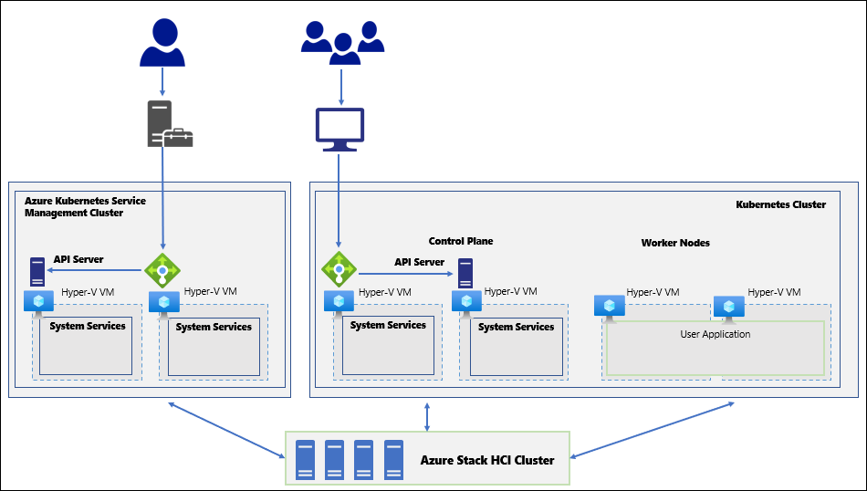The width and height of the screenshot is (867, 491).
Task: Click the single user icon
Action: click(162, 43)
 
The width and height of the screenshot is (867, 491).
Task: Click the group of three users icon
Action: click(342, 43)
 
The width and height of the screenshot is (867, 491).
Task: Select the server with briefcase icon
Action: click(170, 124)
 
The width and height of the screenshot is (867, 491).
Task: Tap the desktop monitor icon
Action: click(339, 130)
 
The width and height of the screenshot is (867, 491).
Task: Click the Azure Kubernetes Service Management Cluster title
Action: click(85, 207)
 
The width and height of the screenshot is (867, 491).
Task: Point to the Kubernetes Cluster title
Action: click(780, 204)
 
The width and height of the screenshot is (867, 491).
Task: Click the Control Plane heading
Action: click(461, 241)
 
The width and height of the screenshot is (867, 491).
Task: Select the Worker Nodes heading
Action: click(675, 243)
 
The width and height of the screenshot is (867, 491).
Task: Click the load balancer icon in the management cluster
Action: click(162, 270)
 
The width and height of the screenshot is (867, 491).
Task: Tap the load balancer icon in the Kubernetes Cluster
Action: click(339, 269)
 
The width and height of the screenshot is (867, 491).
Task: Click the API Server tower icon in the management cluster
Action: click(37, 271)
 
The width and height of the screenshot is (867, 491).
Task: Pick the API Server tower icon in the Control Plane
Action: click(465, 273)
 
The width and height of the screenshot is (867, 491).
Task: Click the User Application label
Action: click(715, 334)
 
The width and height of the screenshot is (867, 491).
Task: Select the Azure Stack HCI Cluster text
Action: click(487, 460)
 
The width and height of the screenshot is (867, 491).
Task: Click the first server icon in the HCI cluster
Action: click(305, 459)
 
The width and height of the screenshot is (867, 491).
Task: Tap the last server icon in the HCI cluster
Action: click(393, 459)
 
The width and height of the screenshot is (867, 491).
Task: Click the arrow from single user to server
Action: click(162, 81)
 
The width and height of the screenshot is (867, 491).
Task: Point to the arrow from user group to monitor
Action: click(341, 87)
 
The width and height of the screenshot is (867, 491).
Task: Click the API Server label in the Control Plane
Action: click(419, 262)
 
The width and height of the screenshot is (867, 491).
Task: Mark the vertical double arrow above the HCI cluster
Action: click(427, 417)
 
